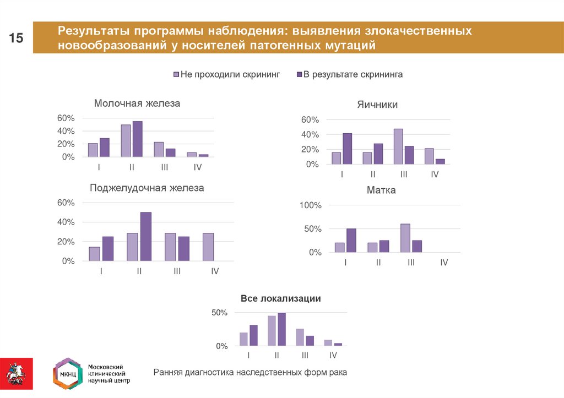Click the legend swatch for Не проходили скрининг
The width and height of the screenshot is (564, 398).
coord(176,74)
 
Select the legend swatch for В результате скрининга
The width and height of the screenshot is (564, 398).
coord(299,74)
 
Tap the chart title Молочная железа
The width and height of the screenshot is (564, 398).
coord(137,103)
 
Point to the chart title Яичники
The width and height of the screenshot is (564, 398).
coord(377,105)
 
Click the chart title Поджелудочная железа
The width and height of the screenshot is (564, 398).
coord(147,188)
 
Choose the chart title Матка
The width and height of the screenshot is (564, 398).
coord(381,190)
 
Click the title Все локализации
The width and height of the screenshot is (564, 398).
coord(280,298)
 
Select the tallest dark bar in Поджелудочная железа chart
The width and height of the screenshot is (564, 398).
coord(145,237)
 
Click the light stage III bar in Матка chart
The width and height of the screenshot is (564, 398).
coord(405,238)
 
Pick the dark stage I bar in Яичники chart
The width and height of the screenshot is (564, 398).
coord(347,149)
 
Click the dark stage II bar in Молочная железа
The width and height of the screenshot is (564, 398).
coord(137,139)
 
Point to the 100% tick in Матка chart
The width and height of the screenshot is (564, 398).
coord(309,205)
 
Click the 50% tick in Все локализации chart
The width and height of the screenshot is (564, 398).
coord(218,313)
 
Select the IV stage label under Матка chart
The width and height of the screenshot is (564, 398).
coord(444,263)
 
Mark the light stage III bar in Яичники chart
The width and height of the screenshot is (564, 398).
coord(398,146)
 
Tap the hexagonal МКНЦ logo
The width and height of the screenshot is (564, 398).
coord(66,374)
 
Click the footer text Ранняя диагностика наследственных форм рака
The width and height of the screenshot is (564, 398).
coord(250,373)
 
